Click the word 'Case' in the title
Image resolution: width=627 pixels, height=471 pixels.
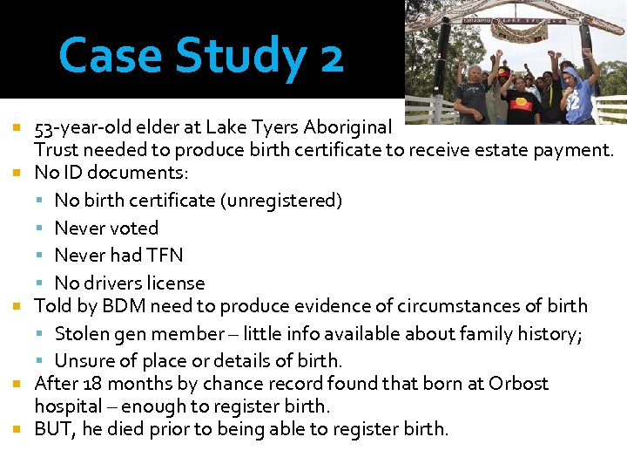click(x=111, y=56)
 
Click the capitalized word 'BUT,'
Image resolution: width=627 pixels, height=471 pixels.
click(x=54, y=428)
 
